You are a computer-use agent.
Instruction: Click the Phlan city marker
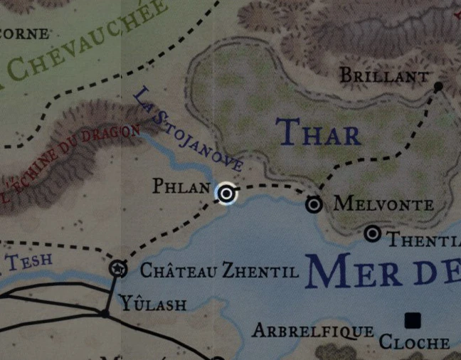226,193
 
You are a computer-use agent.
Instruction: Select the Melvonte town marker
314,204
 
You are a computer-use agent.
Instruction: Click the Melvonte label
383,205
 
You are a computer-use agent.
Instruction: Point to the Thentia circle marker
372,233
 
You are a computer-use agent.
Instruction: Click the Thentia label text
423,240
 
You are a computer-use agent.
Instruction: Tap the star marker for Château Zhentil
119,268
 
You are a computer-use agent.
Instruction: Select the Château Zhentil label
209,270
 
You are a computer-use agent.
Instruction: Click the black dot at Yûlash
105,313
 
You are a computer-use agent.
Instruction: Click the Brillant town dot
438,86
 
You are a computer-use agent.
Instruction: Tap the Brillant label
384,75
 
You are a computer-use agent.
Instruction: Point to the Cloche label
414,342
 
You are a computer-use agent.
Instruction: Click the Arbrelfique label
313,331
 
